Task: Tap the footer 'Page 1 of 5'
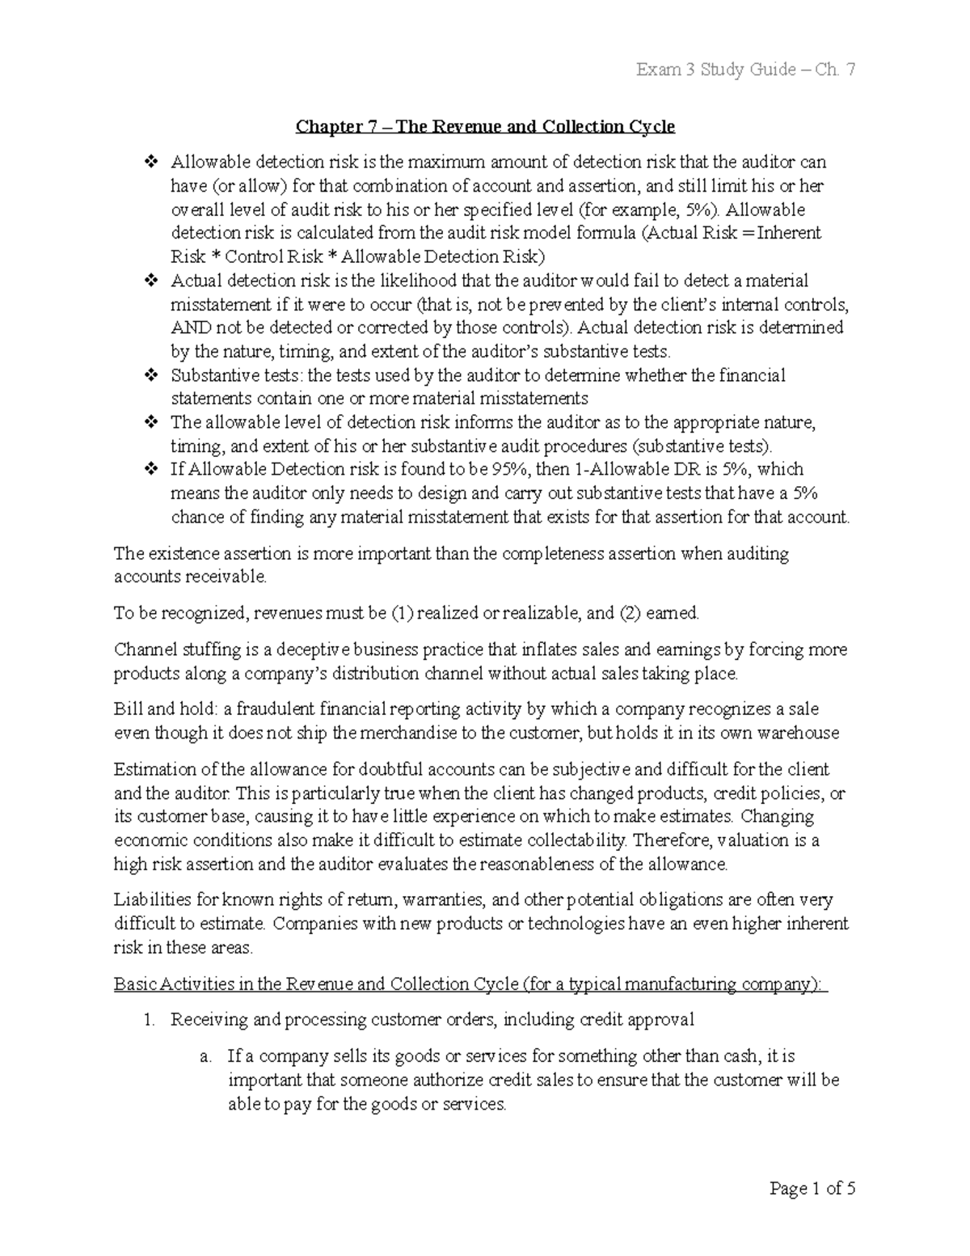tap(812, 1189)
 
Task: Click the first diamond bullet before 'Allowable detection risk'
tap(149, 163)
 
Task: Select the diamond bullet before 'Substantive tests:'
tap(149, 376)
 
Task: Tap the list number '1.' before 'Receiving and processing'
tap(148, 1021)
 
